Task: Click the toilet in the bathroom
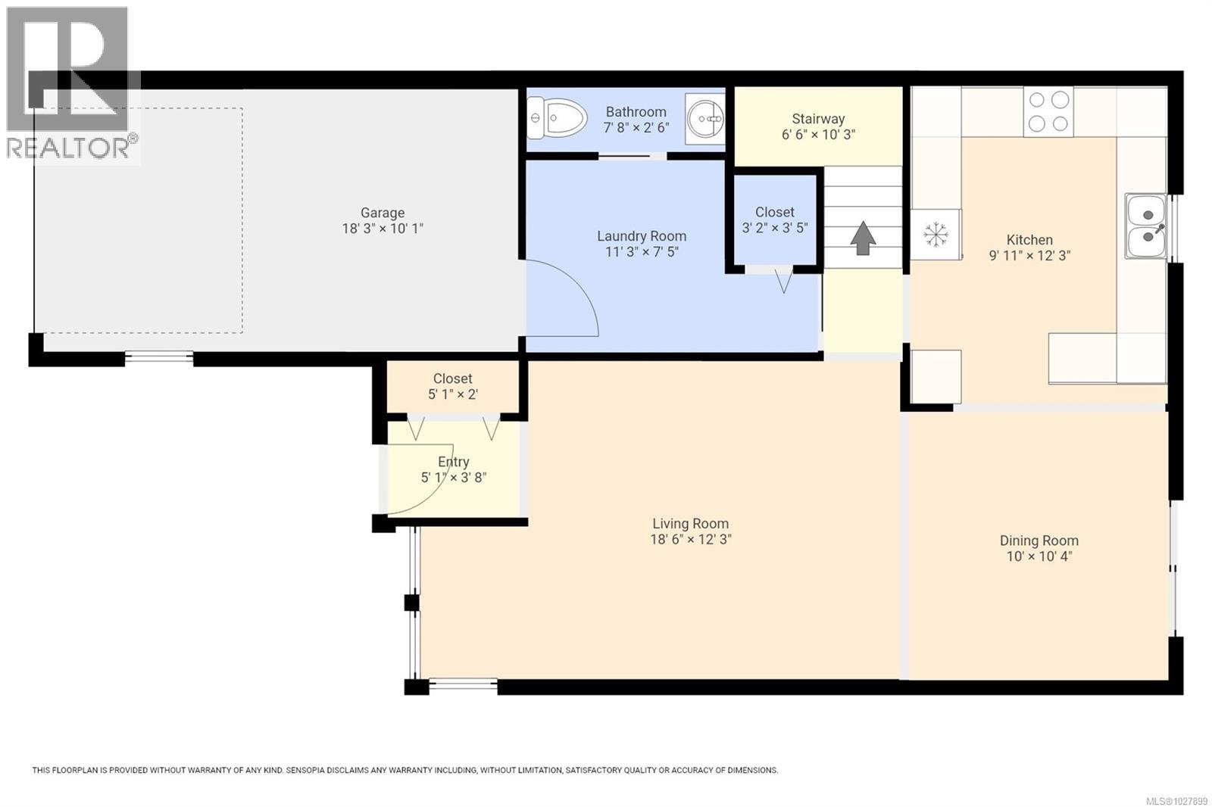tap(561, 119)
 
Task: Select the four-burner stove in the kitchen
tap(1048, 112)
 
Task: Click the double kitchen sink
tap(1145, 226)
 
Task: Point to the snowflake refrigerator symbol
tap(936, 235)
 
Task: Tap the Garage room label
tap(382, 213)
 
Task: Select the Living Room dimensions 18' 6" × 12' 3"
tap(690, 540)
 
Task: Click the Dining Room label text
tap(1039, 541)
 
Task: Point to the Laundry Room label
tap(641, 236)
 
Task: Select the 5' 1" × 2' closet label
tap(452, 394)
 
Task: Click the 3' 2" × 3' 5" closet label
tap(774, 228)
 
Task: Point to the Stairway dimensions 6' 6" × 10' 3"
tap(818, 135)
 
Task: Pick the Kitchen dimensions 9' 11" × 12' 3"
tap(1029, 256)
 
